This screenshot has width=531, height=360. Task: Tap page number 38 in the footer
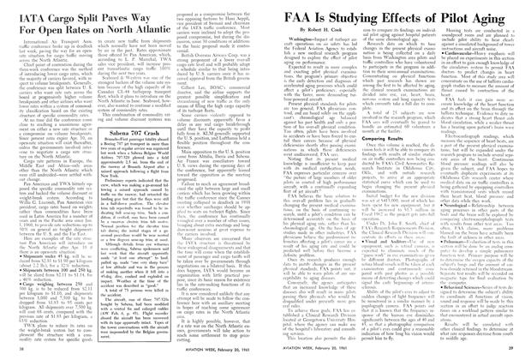(x=17, y=350)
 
